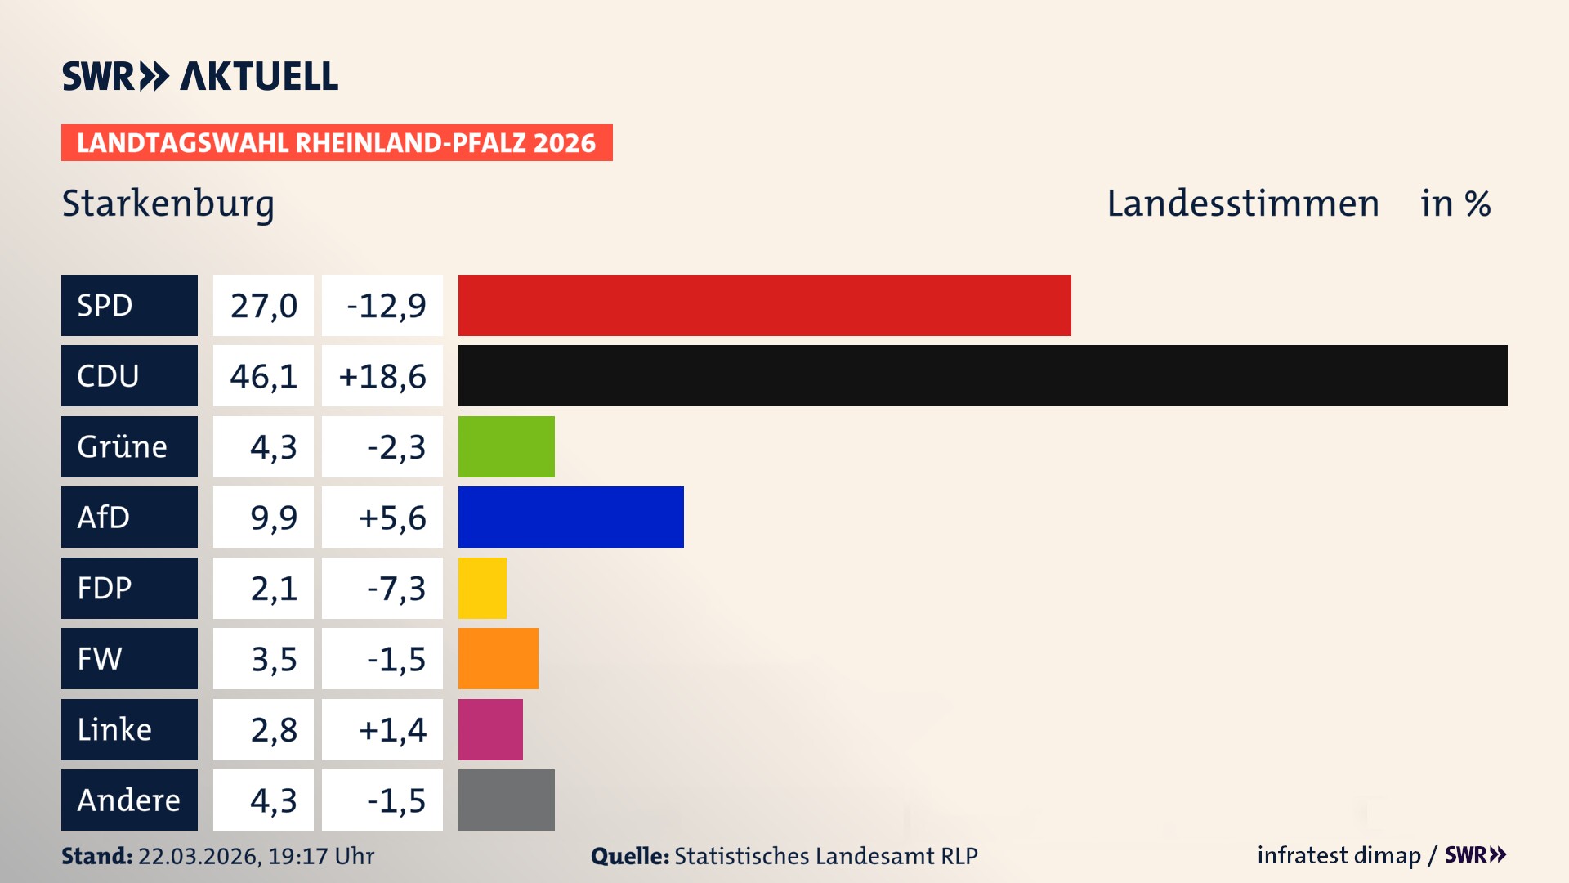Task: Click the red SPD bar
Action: pyautogui.click(x=764, y=305)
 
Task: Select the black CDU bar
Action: pyautogui.click(x=982, y=375)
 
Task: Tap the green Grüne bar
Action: pyautogui.click(x=506, y=446)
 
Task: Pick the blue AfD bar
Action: pyautogui.click(x=570, y=517)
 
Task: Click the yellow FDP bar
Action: pyautogui.click(x=482, y=588)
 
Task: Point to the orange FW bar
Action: pyautogui.click(x=498, y=658)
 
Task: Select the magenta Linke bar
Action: pyautogui.click(x=490, y=729)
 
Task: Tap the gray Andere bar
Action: pyautogui.click(x=506, y=800)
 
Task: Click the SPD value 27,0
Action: pyautogui.click(x=263, y=306)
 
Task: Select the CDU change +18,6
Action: pyautogui.click(x=382, y=376)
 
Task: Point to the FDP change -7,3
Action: pyautogui.click(x=396, y=589)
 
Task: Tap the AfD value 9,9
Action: pyautogui.click(x=273, y=518)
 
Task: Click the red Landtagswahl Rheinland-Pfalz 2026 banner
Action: pyautogui.click(x=337, y=143)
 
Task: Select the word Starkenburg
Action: pyautogui.click(x=168, y=204)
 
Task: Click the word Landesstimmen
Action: pyautogui.click(x=1242, y=204)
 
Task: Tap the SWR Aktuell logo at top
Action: pyautogui.click(x=199, y=76)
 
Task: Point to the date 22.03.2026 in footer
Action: pyautogui.click(x=199, y=856)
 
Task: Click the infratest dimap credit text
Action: pyautogui.click(x=1339, y=855)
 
